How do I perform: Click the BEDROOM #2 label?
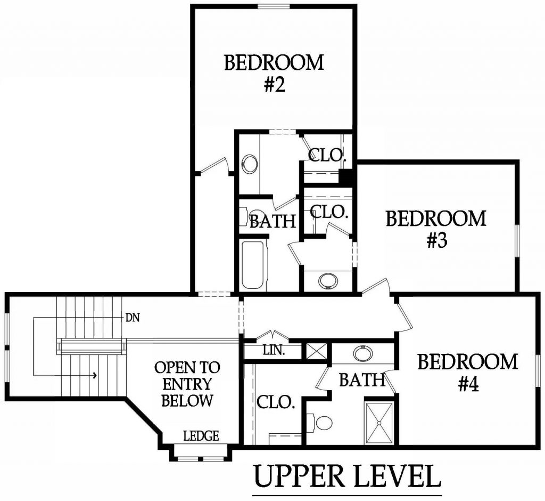pyautogui.click(x=274, y=74)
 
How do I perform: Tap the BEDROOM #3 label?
pyautogui.click(x=436, y=229)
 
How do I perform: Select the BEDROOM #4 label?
pyautogui.click(x=467, y=372)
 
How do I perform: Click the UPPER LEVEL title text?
pyautogui.click(x=346, y=475)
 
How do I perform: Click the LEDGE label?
pyautogui.click(x=201, y=436)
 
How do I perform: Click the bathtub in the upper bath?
pyautogui.click(x=252, y=265)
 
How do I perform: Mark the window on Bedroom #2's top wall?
pyautogui.click(x=274, y=6)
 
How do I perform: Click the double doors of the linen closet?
pyautogui.click(x=272, y=336)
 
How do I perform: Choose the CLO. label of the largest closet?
pyautogui.click(x=276, y=402)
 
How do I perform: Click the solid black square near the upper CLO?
pyautogui.click(x=346, y=176)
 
